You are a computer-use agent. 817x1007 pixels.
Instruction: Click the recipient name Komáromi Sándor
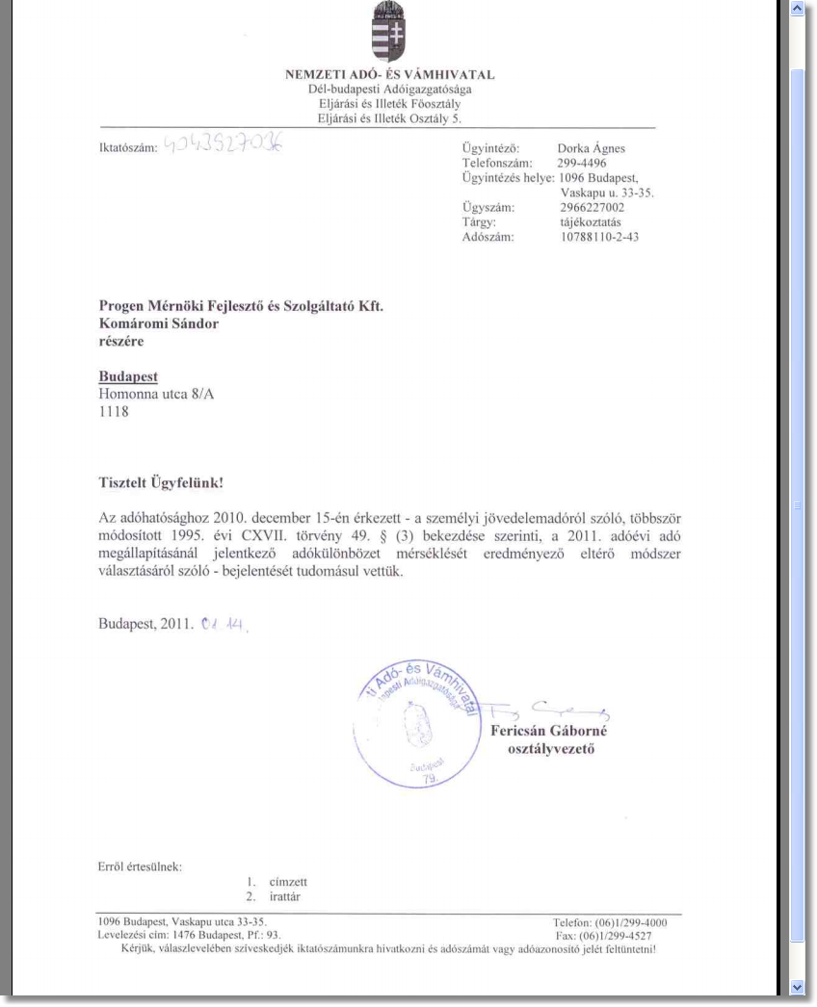pyautogui.click(x=159, y=324)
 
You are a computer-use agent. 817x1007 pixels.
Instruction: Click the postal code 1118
pyautogui.click(x=114, y=412)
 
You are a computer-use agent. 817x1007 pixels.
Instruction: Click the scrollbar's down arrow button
pyautogui.click(x=796, y=987)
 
